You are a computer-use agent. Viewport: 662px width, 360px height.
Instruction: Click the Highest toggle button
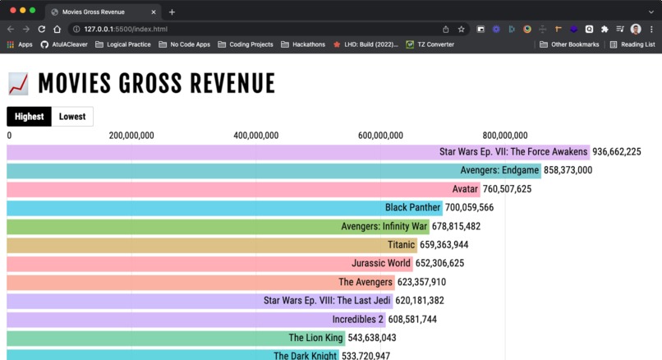click(x=29, y=117)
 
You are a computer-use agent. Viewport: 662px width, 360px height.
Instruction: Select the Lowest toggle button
click(x=72, y=117)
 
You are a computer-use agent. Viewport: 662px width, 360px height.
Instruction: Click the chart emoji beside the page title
click(x=18, y=84)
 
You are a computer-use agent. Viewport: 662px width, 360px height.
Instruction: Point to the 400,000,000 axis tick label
click(x=255, y=136)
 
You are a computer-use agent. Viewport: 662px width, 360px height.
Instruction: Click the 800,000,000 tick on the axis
click(x=505, y=136)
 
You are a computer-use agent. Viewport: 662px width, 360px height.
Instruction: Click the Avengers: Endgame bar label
click(x=500, y=171)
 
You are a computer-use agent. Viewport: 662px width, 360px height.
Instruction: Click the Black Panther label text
click(x=413, y=208)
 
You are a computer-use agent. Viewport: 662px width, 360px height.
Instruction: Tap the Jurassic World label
click(x=381, y=264)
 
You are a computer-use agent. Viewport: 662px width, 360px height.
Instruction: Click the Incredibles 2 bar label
click(x=357, y=320)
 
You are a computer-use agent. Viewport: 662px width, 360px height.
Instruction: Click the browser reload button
click(x=41, y=29)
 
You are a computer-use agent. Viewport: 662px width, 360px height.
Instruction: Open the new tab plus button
click(x=172, y=12)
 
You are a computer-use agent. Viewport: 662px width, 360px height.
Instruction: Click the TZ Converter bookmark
click(x=430, y=44)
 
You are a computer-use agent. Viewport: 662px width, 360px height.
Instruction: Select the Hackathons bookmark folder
click(x=303, y=44)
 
